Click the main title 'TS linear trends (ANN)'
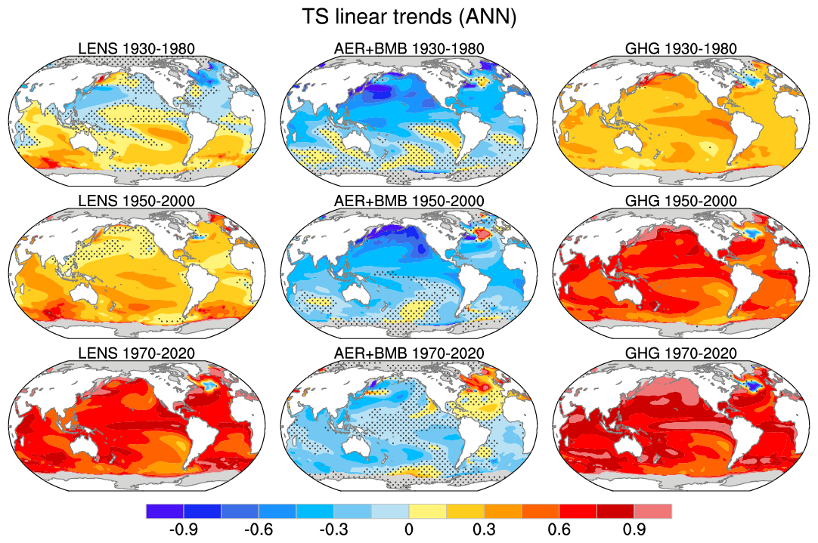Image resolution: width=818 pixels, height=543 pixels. [x=408, y=17]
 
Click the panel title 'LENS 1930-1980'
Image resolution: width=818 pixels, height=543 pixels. [x=137, y=49]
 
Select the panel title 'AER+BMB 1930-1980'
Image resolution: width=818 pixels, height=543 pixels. [x=409, y=49]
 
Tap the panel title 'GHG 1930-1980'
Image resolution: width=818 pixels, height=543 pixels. [x=681, y=49]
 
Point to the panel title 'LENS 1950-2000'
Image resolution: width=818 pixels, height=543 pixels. [x=137, y=202]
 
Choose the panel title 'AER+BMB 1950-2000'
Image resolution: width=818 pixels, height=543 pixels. [x=409, y=202]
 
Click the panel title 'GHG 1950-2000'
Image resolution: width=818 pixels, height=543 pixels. [x=681, y=202]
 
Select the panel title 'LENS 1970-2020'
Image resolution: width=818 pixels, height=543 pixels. [x=137, y=353]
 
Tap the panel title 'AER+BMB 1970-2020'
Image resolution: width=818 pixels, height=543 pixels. [x=409, y=353]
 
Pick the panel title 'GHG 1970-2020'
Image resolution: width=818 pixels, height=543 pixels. [x=681, y=353]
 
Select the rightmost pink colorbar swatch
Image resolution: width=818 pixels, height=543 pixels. [x=652, y=511]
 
